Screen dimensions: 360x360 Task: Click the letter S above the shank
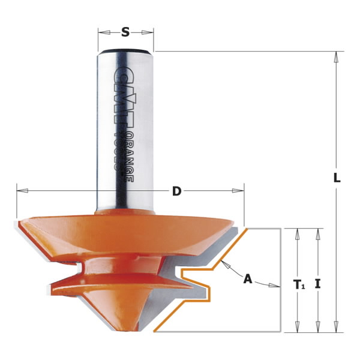(x=125, y=32)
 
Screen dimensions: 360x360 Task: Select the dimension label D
(x=176, y=191)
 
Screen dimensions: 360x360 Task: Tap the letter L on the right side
(x=337, y=178)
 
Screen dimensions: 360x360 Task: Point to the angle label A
(x=247, y=278)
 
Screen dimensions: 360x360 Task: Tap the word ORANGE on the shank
(x=127, y=157)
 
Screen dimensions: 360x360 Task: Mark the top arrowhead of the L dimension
(x=337, y=56)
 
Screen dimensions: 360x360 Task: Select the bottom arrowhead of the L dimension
(x=337, y=327)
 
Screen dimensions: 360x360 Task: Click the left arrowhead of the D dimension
(x=22, y=191)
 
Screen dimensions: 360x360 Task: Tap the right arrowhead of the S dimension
(x=149, y=33)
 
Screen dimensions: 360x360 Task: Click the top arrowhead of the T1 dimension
(x=296, y=233)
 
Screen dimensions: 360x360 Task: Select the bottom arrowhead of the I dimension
(x=317, y=327)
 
